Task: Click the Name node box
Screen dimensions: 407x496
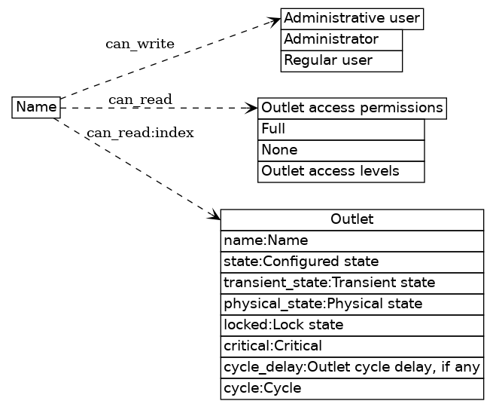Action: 36,108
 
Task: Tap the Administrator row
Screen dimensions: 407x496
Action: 341,39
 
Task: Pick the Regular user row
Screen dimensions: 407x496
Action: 341,60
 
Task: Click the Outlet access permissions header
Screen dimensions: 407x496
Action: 351,108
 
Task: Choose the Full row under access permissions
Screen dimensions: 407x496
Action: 340,129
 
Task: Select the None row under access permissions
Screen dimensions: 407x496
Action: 340,150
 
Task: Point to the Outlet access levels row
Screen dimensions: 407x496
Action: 340,171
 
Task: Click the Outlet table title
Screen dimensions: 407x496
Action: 351,219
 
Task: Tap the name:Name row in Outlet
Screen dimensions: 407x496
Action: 351,240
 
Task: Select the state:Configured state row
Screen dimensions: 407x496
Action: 351,262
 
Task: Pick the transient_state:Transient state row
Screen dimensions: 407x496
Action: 351,283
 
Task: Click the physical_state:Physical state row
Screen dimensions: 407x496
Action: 351,304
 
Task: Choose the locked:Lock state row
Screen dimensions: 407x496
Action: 351,325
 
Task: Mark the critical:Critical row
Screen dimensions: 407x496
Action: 351,346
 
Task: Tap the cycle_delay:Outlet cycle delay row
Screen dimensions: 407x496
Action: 351,367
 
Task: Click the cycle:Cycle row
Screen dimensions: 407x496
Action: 351,388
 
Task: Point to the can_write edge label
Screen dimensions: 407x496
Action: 139,44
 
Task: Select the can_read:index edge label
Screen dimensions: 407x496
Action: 139,133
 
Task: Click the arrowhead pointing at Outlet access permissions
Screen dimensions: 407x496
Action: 252,108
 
